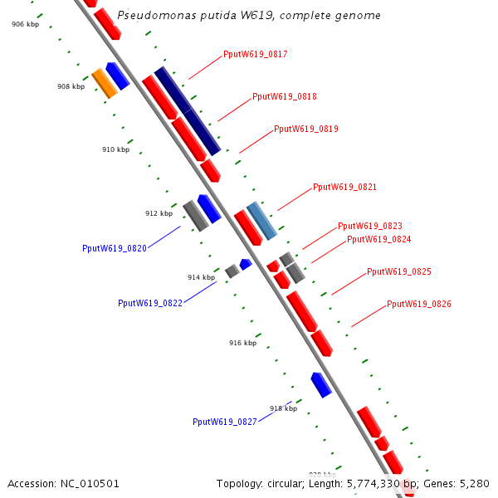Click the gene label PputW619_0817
pyautogui.click(x=255, y=55)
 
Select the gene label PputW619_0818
pyautogui.click(x=284, y=96)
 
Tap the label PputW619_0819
pyautogui.click(x=305, y=129)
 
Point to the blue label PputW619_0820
pyautogui.click(x=115, y=248)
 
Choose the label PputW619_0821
pyautogui.click(x=344, y=188)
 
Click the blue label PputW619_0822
pyautogui.click(x=150, y=304)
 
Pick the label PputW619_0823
pyautogui.click(x=369, y=227)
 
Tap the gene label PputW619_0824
pyautogui.click(x=378, y=240)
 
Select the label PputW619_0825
pyautogui.click(x=398, y=272)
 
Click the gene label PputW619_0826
pyautogui.click(x=419, y=305)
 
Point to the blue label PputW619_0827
pyautogui.click(x=224, y=422)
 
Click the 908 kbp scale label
pyautogui.click(x=71, y=86)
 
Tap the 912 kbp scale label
pyautogui.click(x=159, y=213)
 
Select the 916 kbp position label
pyautogui.click(x=242, y=343)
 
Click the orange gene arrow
pyautogui.click(x=104, y=83)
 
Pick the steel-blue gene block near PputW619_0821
pyautogui.click(x=261, y=221)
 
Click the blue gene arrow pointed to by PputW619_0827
pyautogui.click(x=321, y=384)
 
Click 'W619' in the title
pyautogui.click(x=232, y=16)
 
